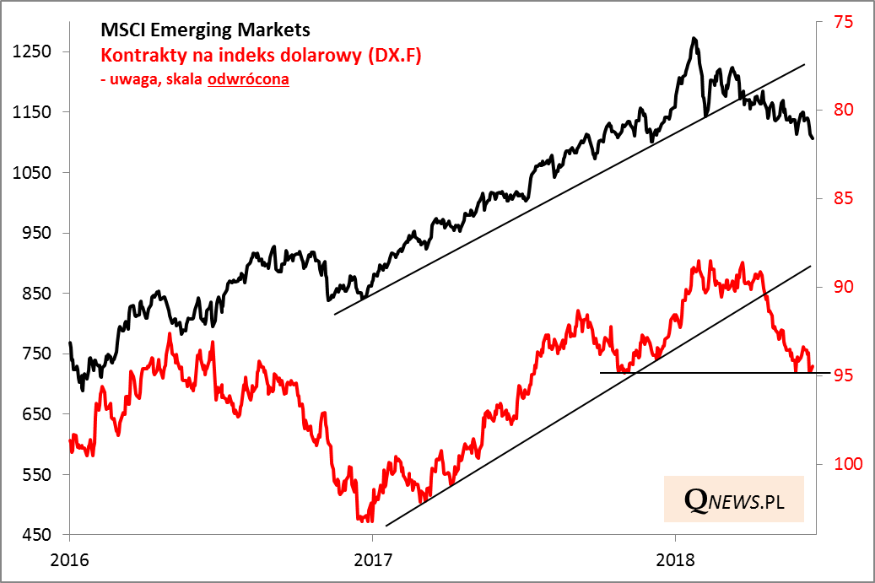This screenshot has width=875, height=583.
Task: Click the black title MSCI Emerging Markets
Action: pos(205,30)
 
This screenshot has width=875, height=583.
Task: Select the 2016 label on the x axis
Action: pos(69,559)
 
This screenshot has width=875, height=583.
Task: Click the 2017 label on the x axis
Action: pos(372,559)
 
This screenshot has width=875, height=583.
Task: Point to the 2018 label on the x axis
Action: pos(674,559)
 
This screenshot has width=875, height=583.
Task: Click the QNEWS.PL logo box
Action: pos(733,500)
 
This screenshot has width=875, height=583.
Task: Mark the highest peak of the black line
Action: pos(694,38)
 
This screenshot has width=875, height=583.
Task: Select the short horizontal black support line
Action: pos(709,372)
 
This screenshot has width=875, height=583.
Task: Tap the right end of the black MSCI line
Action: pos(813,138)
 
